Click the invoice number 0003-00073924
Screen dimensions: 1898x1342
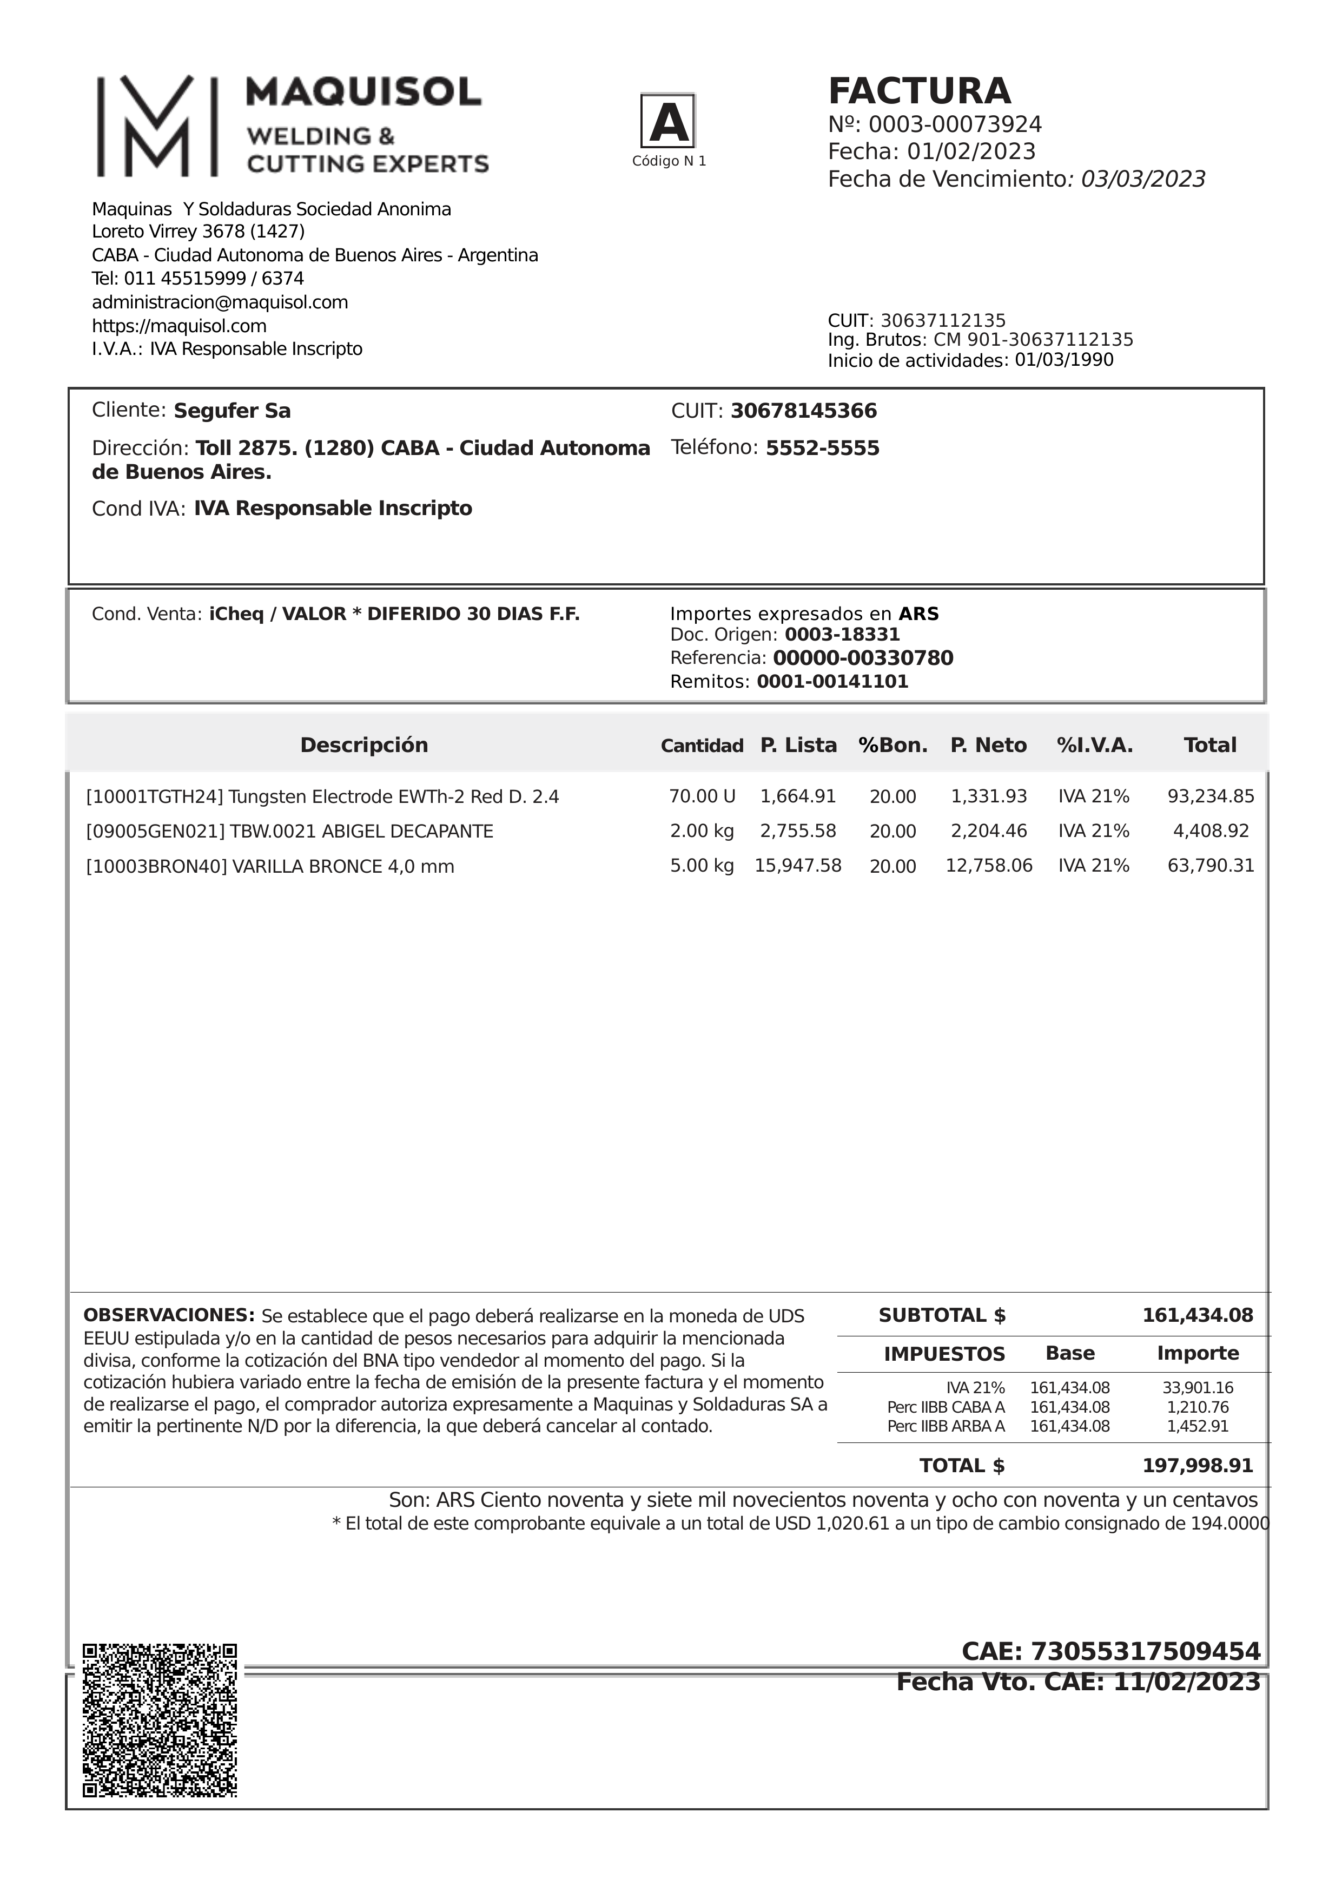[955, 125]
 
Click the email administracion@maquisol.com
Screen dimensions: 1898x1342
[220, 302]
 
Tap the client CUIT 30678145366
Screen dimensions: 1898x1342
[803, 411]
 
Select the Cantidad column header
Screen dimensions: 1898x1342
[702, 746]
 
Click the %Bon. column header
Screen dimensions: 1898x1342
[893, 746]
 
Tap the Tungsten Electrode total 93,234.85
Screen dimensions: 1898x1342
[1211, 797]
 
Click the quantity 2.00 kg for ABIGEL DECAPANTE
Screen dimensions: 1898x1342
[702, 832]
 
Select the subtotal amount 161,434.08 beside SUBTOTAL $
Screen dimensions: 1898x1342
[1198, 1315]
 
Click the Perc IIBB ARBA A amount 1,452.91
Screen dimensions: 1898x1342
[1198, 1426]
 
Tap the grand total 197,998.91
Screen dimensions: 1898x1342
[1198, 1466]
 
